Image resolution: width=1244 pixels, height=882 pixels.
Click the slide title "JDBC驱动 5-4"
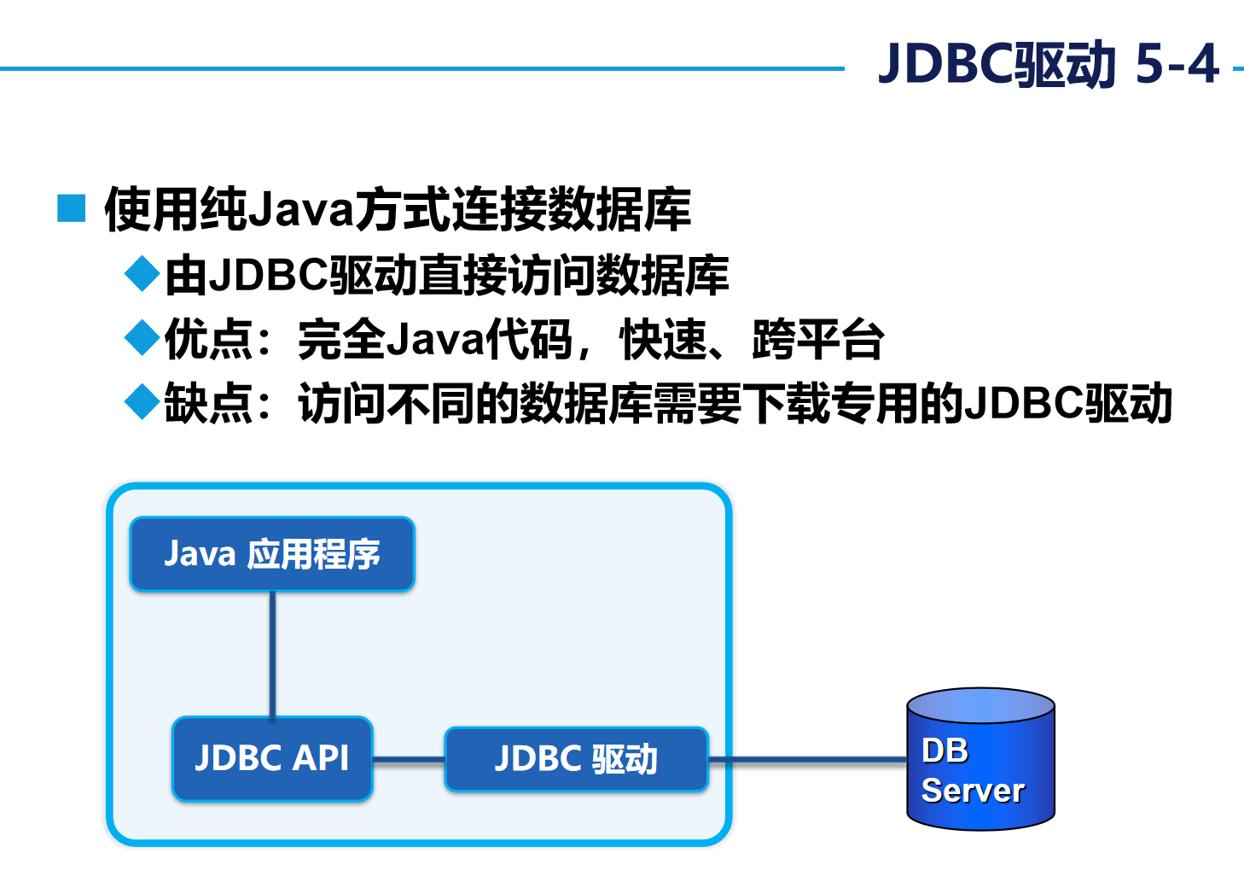tap(1048, 64)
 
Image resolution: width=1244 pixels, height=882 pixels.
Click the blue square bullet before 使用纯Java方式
tap(72, 208)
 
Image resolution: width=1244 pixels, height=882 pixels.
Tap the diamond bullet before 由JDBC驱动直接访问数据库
tap(142, 274)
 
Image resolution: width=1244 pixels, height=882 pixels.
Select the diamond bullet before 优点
tap(142, 338)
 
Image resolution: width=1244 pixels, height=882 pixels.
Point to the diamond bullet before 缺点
tap(142, 401)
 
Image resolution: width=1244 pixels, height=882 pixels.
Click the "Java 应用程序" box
tap(272, 554)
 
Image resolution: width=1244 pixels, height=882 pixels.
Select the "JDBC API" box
tap(272, 758)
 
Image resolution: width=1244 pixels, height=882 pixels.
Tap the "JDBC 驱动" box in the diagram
tap(576, 759)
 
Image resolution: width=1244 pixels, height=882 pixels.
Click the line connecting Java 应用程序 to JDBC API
tap(273, 654)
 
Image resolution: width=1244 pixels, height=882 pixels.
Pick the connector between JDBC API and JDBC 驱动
tap(409, 759)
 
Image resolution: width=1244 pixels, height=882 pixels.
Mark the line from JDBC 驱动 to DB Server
tap(806, 759)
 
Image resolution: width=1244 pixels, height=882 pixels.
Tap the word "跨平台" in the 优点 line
tap(817, 339)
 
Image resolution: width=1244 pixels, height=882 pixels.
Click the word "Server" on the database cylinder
tap(973, 791)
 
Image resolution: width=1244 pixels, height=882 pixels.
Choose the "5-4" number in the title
tap(1177, 64)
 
